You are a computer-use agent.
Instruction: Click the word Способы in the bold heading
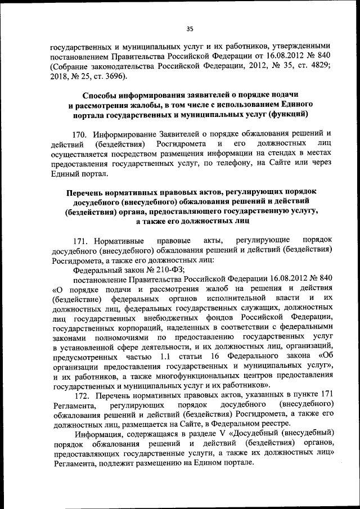(102, 95)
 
